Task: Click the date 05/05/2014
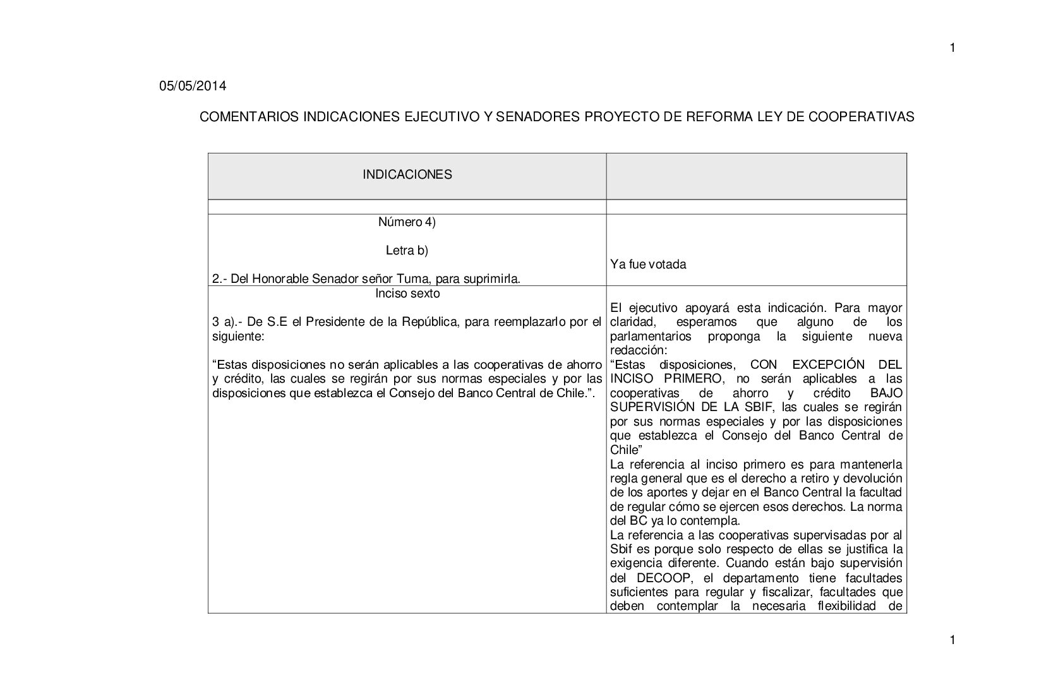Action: coord(192,87)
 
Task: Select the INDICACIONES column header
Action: coord(407,175)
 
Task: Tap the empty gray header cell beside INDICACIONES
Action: coord(756,176)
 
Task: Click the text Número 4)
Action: coord(407,222)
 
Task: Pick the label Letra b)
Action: coord(407,251)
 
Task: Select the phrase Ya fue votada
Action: coord(648,265)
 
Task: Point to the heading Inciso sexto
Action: coord(407,294)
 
